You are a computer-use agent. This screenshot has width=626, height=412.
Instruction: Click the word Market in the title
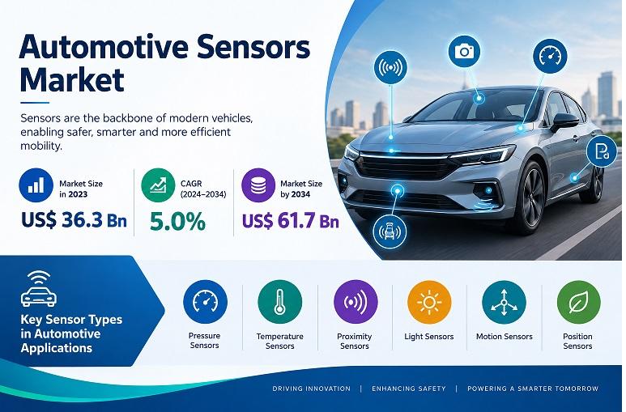coord(72,80)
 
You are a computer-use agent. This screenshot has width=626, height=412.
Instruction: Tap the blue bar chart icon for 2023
coord(36,185)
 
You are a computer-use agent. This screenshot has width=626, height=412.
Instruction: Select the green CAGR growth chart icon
coord(158,185)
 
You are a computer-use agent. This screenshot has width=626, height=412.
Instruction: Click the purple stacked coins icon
coord(258,185)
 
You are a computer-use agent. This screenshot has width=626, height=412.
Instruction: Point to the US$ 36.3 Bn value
coord(74,220)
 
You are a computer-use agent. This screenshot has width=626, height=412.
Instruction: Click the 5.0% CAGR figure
coord(177,222)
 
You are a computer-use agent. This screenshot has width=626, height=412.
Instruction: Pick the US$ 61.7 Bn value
coord(291,220)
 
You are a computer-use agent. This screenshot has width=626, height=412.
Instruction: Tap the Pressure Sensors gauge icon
coord(205,302)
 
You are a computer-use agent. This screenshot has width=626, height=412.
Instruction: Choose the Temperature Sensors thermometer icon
coord(280,302)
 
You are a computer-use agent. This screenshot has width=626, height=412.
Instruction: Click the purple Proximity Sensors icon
coord(356,302)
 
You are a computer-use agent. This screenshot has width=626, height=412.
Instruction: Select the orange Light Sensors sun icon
coord(429,302)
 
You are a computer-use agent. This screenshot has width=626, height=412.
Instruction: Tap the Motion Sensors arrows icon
coord(504,302)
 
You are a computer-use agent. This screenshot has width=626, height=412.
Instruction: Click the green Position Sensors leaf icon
coord(578,302)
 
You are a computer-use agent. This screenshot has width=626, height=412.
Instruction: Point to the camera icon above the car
coord(464,51)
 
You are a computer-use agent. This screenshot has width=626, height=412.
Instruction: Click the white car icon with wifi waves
coord(39,289)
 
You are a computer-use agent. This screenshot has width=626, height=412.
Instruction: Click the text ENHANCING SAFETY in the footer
coord(409,389)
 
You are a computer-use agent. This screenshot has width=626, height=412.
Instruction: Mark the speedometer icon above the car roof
coord(550,57)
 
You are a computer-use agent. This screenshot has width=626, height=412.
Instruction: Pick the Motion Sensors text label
coord(505,337)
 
